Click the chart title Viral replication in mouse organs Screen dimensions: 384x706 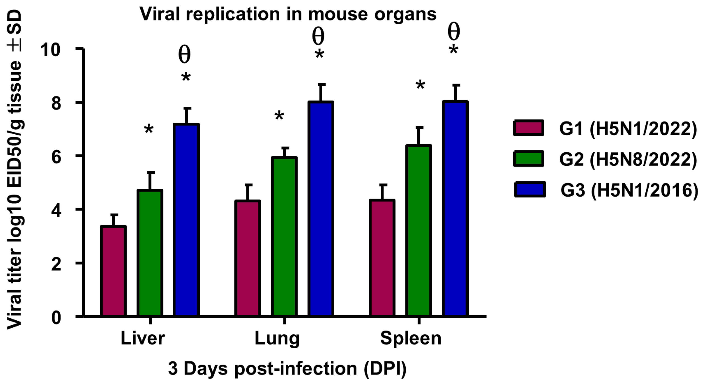[288, 14]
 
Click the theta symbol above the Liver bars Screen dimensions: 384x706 [184, 55]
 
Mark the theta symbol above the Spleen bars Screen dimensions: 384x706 [453, 32]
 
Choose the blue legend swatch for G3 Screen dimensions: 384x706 [530, 190]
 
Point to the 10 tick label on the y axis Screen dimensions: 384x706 [50, 50]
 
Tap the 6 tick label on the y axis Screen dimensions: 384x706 [56, 157]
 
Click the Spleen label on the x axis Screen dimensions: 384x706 [411, 338]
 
